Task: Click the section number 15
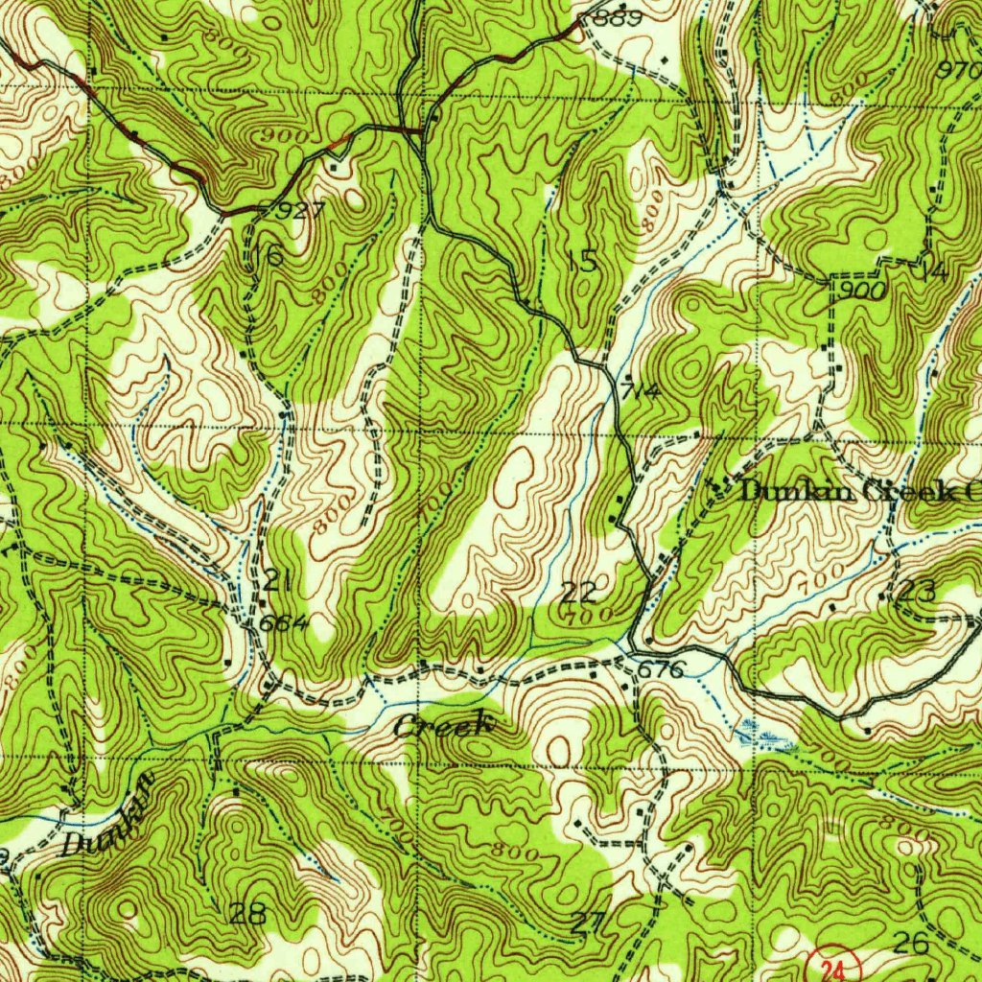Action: click(x=582, y=261)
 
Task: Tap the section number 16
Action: click(x=269, y=255)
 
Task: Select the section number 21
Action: click(x=278, y=580)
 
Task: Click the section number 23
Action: click(x=918, y=592)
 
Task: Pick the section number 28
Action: click(x=247, y=913)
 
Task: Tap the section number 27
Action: click(x=587, y=924)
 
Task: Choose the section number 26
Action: click(x=910, y=944)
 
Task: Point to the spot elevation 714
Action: click(x=639, y=392)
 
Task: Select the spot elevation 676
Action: click(x=662, y=669)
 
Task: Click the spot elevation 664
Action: click(x=285, y=623)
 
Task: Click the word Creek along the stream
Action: click(x=444, y=725)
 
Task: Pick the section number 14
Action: click(x=934, y=271)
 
